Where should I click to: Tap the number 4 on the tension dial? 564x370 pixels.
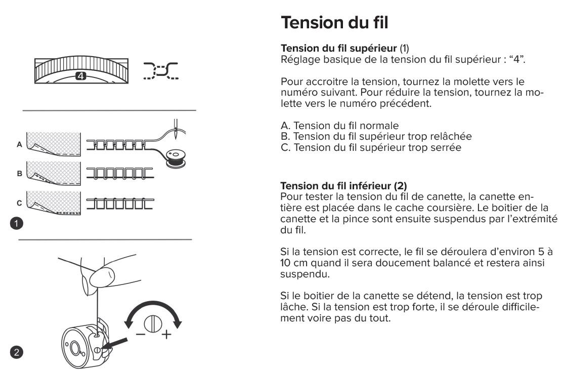click(x=80, y=76)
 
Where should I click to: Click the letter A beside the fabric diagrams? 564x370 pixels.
click(x=19, y=144)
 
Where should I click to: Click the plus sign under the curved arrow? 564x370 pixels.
click(x=164, y=335)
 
